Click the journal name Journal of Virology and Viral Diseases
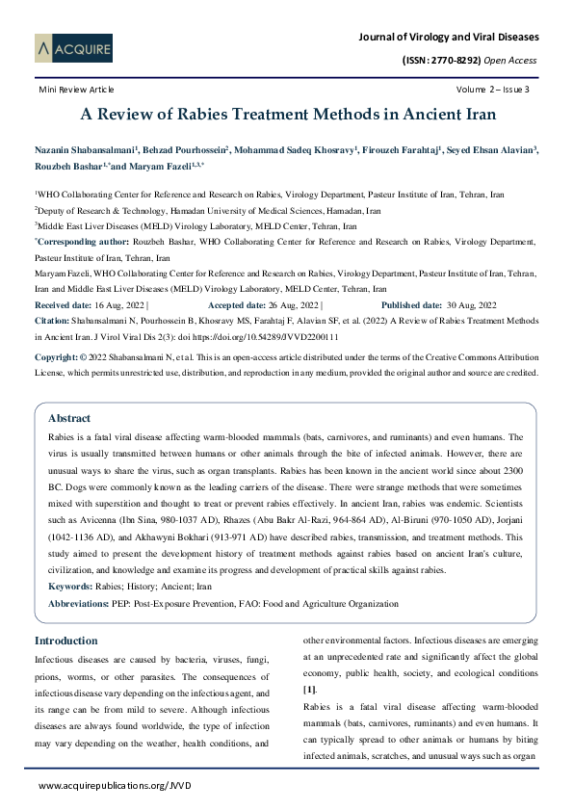448,37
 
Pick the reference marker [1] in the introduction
308,691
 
